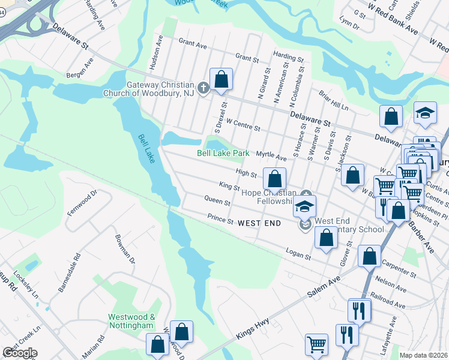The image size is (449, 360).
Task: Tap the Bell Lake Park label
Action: [223, 153]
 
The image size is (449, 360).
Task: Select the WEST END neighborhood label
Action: [259, 223]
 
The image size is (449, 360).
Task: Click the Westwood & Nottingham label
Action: [132, 321]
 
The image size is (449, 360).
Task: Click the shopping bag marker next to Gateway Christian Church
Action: [221, 79]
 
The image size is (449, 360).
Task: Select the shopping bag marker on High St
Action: [274, 179]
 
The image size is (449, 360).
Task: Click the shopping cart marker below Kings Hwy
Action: [316, 345]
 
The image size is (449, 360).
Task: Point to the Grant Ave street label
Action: [193, 45]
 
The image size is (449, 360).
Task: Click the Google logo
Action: [19, 353]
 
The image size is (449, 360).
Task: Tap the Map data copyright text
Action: [423, 355]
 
